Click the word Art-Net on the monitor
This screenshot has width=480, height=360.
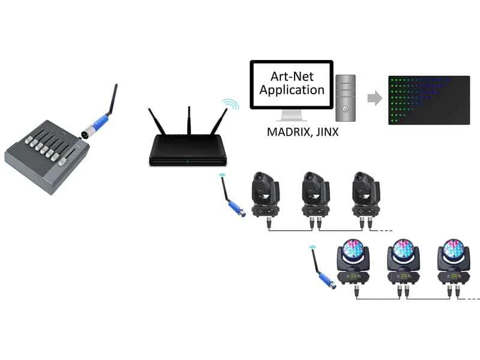[x=290, y=76]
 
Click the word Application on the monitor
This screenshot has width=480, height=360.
[x=290, y=91]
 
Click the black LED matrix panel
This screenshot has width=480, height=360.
[x=428, y=100]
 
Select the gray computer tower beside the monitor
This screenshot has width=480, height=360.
[x=346, y=96]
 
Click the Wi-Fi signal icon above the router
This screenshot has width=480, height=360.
[x=229, y=104]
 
